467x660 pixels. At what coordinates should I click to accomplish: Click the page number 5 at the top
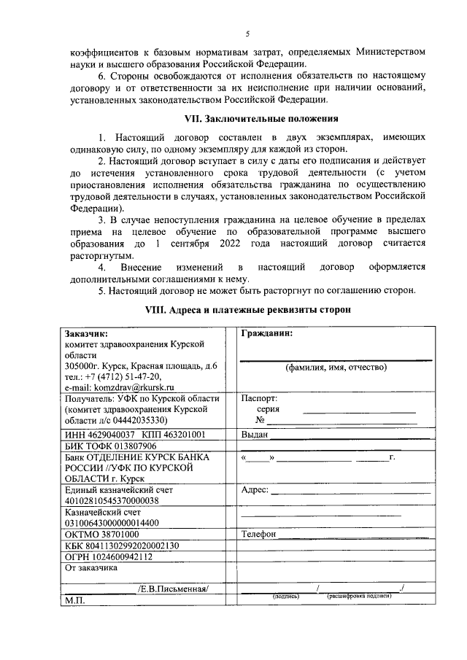pos(247,34)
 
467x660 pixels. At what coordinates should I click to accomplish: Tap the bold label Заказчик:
pos(87,333)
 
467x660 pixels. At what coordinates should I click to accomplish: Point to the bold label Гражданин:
pos(267,333)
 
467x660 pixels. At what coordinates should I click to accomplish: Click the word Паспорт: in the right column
pos(259,399)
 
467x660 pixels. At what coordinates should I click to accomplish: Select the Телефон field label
pos(258,534)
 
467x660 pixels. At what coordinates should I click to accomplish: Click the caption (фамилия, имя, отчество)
pos(336,367)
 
